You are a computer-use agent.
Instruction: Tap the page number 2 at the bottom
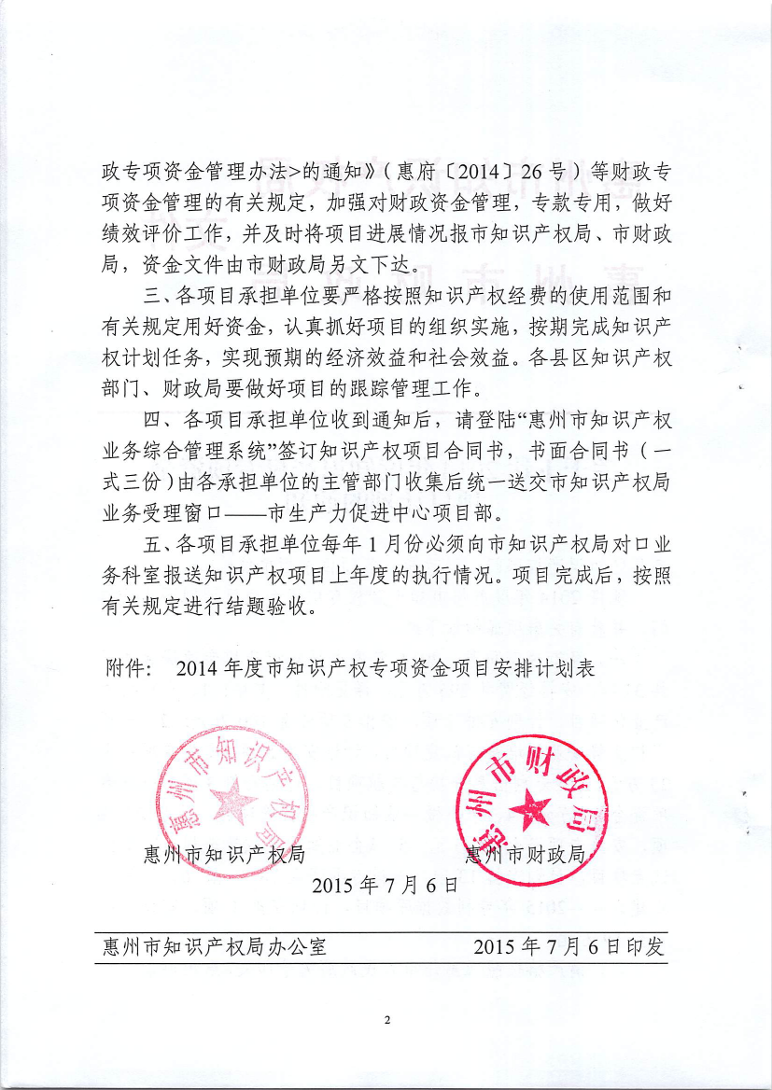tap(386, 1019)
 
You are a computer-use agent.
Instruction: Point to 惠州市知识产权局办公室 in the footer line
tap(215, 947)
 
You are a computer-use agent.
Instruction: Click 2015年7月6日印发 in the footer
tap(568, 947)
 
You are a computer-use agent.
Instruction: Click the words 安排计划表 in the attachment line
tap(548, 669)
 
